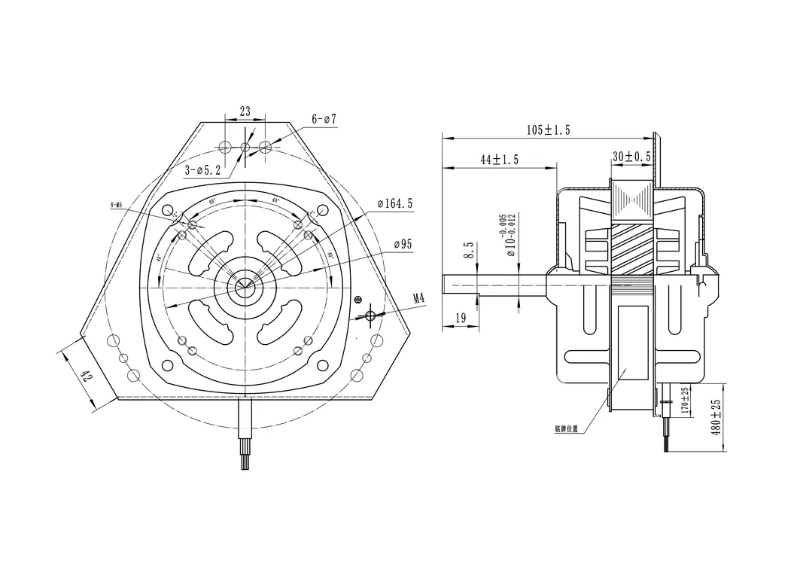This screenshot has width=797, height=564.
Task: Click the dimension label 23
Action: click(x=245, y=111)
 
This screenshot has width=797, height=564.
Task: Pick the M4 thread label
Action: click(x=418, y=298)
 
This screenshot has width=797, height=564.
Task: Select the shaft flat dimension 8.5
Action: click(x=468, y=250)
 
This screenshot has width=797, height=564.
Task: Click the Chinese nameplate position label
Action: click(x=566, y=429)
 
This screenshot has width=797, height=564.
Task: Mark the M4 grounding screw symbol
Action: click(x=370, y=314)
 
